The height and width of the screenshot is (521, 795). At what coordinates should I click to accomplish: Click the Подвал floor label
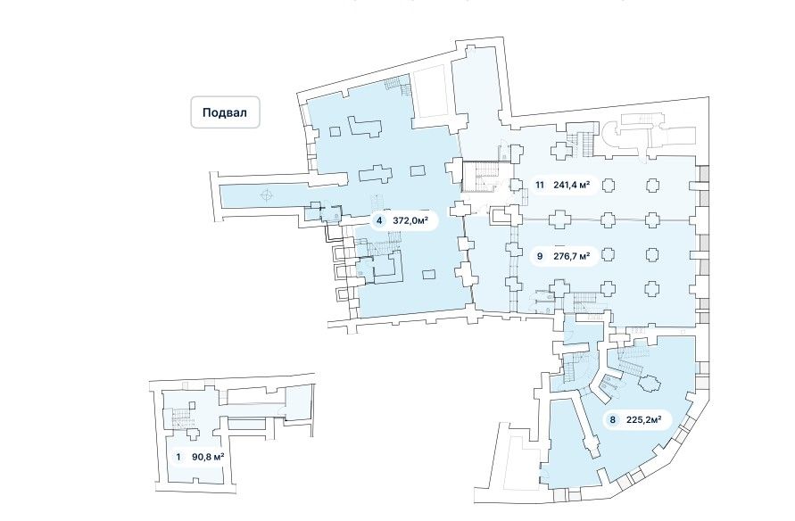click(225, 113)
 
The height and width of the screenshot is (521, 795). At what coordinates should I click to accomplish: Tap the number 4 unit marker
click(379, 221)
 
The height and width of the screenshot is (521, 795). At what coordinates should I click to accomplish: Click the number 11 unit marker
click(540, 186)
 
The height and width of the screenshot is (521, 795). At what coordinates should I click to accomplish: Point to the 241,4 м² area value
click(572, 186)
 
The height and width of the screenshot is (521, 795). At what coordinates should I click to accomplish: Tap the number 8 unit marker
click(613, 418)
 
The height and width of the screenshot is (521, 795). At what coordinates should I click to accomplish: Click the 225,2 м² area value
click(644, 418)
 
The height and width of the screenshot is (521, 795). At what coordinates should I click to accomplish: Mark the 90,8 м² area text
click(208, 458)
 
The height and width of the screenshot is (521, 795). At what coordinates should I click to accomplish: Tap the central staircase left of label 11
click(487, 176)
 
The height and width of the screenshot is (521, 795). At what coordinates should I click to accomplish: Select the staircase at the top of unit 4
click(398, 87)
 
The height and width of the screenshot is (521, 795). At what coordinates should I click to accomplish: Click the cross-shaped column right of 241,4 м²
click(608, 185)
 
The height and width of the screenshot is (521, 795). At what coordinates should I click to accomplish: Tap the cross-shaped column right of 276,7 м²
click(608, 256)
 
